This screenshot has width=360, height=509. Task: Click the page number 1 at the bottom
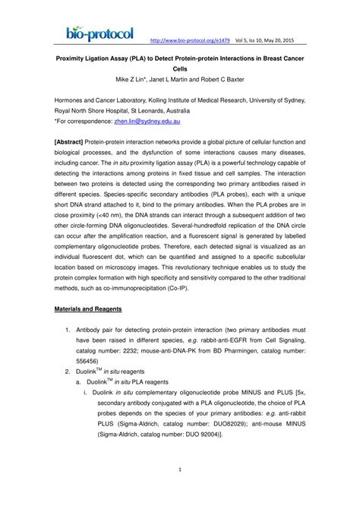[x=180, y=492]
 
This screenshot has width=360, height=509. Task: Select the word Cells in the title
[x=180, y=66]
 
